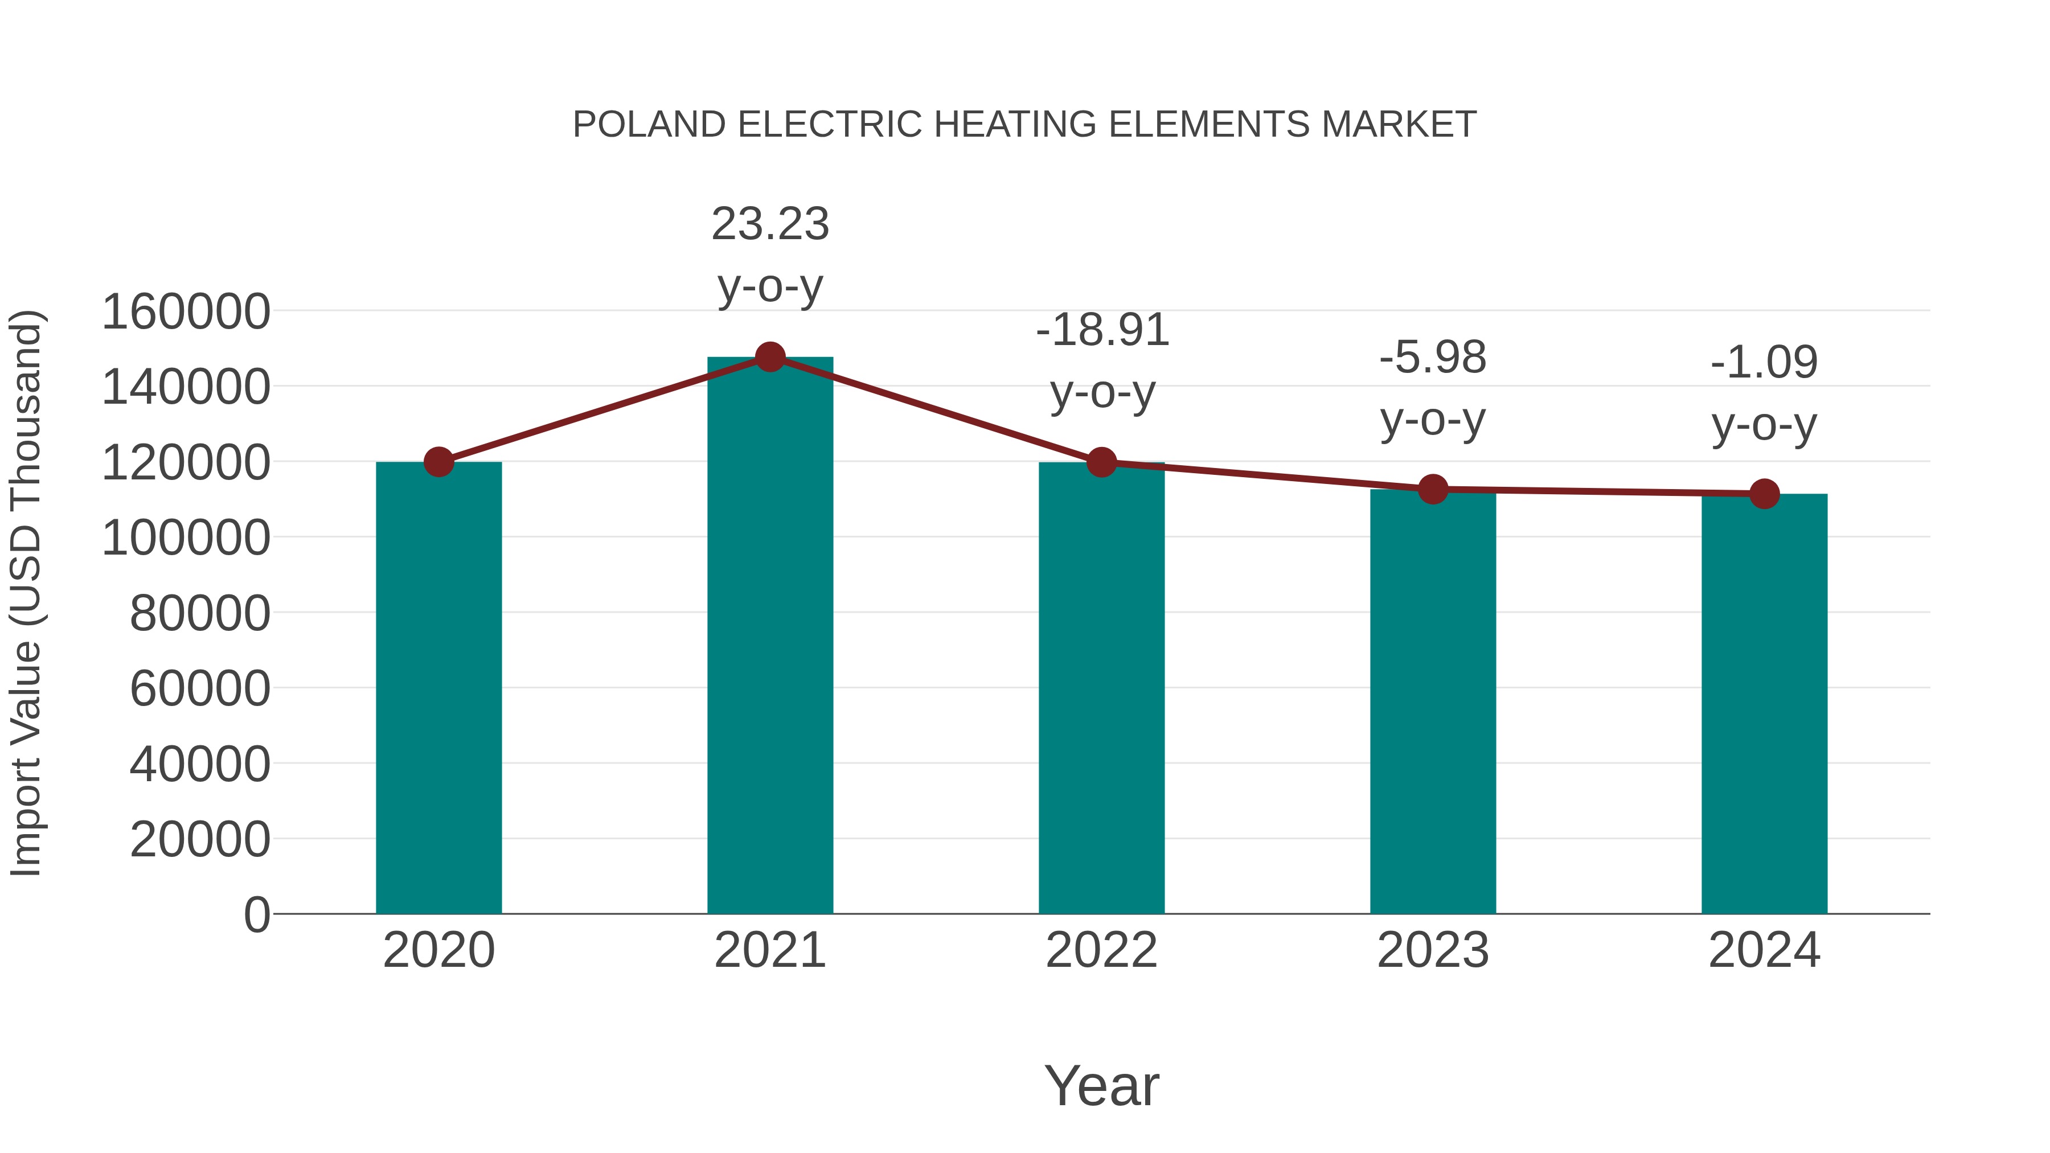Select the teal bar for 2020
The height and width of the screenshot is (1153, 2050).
438,688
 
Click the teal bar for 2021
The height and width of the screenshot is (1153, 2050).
769,637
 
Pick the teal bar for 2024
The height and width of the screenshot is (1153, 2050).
1764,704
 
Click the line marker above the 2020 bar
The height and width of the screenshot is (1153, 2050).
438,462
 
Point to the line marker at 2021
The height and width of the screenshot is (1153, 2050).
769,357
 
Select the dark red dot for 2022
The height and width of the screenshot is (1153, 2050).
1101,462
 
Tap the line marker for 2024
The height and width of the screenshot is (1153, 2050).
1764,494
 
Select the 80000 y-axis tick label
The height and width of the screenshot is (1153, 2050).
200,613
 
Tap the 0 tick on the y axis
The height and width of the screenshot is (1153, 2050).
257,914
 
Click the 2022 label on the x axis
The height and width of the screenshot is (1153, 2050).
1101,950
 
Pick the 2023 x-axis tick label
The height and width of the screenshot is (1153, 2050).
1433,950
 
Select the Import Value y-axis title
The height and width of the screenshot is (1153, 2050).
26,593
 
